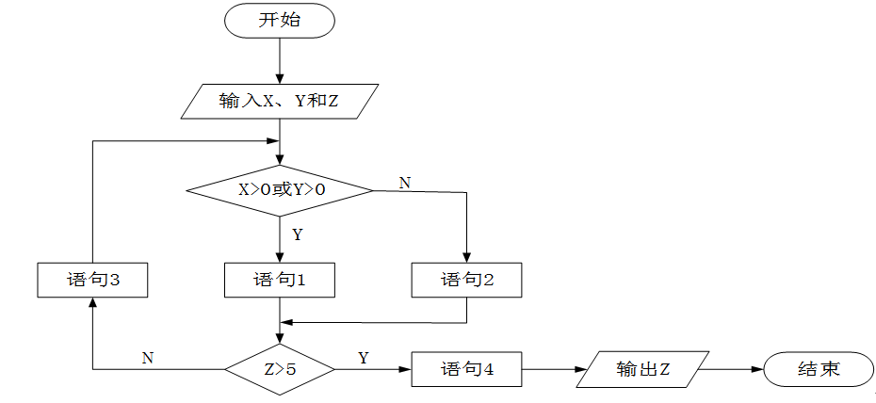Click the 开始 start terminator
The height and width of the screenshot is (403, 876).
[279, 21]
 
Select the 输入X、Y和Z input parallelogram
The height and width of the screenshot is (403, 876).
[279, 101]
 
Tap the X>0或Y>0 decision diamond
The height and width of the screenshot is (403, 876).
[280, 190]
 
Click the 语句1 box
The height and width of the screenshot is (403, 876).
[280, 280]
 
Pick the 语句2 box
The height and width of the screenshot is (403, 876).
[466, 280]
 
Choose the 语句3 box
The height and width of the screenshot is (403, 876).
[92, 280]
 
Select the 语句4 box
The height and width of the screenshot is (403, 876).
[466, 369]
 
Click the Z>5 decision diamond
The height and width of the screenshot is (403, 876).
[280, 369]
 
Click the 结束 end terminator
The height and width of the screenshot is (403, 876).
[818, 369]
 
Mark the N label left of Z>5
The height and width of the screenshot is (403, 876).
[148, 358]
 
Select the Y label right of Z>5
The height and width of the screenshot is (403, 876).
[364, 358]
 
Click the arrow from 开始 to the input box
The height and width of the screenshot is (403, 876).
[280, 61]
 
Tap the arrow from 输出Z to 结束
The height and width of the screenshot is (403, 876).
[733, 369]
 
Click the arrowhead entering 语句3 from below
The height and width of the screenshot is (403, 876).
[92, 303]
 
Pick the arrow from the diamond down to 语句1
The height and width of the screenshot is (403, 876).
[280, 239]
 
